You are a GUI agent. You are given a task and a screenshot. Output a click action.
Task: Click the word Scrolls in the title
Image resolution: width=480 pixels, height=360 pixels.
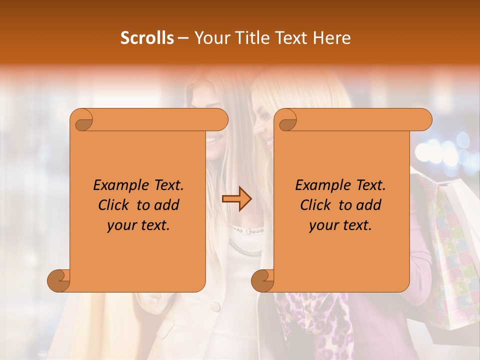pos(147,38)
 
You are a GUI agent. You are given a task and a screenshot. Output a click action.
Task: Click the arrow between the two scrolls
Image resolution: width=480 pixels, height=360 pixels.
pos(236,199)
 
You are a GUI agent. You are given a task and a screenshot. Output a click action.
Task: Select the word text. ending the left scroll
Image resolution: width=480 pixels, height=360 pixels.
pos(153,225)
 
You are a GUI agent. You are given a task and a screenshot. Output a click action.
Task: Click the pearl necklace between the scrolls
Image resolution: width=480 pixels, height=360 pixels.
pos(245,240)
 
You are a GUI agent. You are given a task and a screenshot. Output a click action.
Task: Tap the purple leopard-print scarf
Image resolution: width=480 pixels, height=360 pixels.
pos(310,320)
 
